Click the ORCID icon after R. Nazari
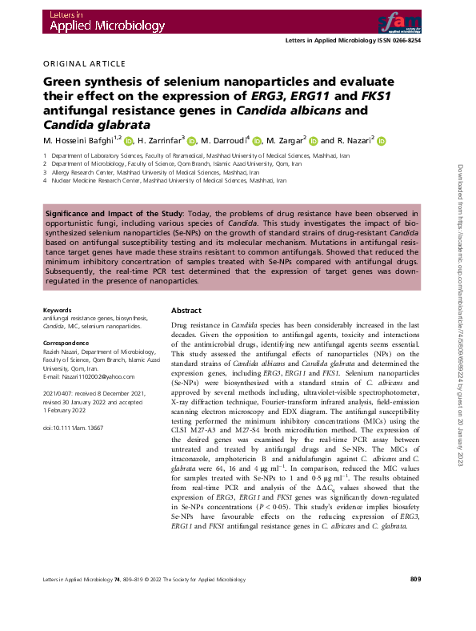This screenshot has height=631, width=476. [x=382, y=142]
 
